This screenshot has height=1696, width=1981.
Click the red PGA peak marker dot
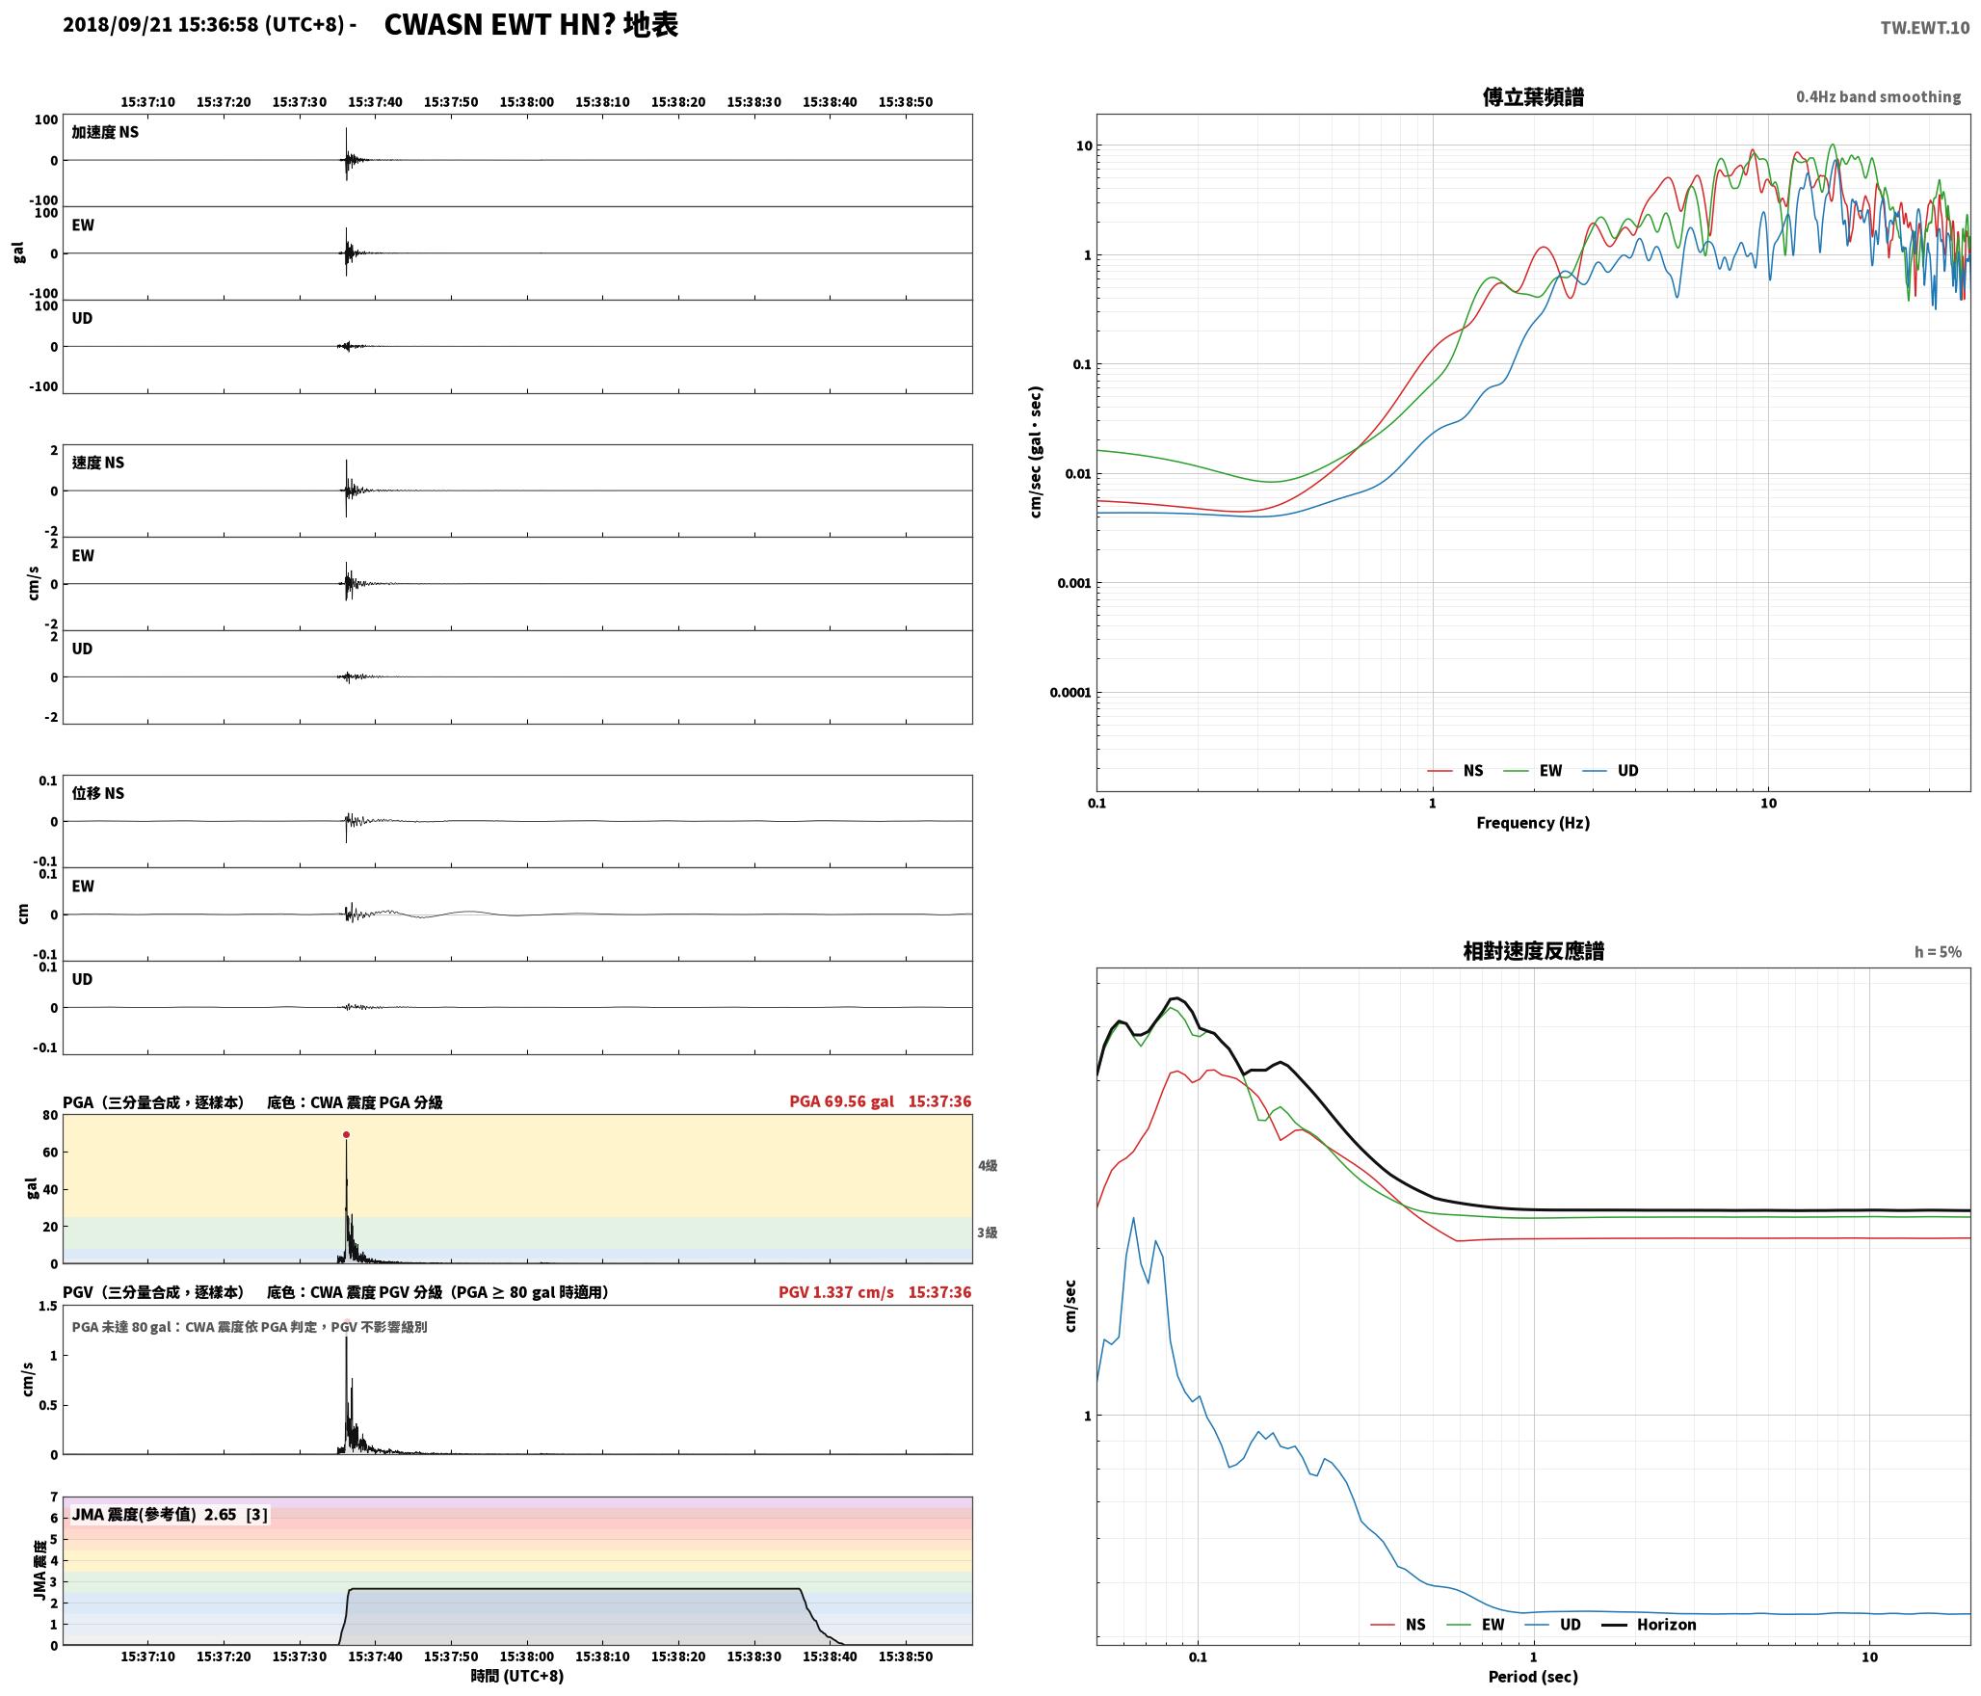click(x=346, y=1135)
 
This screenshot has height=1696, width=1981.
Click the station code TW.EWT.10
click(x=1924, y=28)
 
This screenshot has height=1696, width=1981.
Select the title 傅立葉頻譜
click(x=1533, y=97)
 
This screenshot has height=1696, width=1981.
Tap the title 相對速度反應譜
click(x=1533, y=951)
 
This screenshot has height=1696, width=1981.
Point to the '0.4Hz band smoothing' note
click(x=1878, y=97)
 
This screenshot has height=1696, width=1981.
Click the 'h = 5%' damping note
click(x=1938, y=952)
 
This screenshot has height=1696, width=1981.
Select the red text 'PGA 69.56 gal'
click(x=841, y=1101)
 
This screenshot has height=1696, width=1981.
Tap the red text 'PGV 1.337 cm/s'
click(x=836, y=1292)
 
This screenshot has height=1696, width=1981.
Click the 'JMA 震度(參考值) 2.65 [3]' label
click(x=170, y=1515)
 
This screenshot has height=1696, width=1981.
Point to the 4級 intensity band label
click(x=988, y=1166)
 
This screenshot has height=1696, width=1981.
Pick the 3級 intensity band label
click(x=988, y=1232)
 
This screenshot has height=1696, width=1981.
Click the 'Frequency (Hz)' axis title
click(x=1533, y=823)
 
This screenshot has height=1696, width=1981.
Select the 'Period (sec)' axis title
click(x=1533, y=1677)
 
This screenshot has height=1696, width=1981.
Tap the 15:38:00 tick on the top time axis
click(x=526, y=102)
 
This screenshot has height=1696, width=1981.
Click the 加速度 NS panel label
click(x=105, y=132)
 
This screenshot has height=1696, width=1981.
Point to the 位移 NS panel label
click(x=98, y=793)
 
